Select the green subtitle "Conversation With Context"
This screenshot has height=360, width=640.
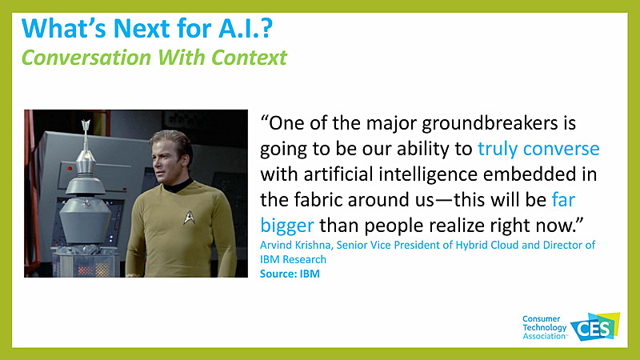(x=154, y=58)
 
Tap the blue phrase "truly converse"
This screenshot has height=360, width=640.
(x=538, y=149)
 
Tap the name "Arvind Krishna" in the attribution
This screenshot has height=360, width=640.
(x=298, y=245)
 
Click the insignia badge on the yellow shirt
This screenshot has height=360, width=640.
(x=189, y=216)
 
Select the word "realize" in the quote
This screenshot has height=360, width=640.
(x=475, y=220)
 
